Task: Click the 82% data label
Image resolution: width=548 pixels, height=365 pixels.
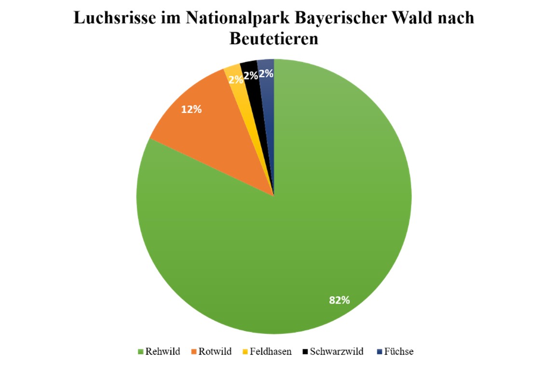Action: coord(339,300)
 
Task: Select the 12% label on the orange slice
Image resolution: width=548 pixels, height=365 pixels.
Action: coord(191,109)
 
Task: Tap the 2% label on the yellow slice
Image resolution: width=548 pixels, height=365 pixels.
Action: coord(236,80)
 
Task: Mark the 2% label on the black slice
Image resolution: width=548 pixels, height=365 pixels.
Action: coord(250,75)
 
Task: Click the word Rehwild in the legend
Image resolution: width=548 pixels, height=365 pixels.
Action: coord(163,351)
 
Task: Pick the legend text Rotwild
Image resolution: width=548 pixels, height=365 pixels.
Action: coord(215,351)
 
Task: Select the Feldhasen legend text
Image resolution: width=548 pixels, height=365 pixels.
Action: coord(271,351)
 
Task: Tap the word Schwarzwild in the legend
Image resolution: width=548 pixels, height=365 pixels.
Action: coord(337,351)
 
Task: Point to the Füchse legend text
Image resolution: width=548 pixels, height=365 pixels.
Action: coord(399,351)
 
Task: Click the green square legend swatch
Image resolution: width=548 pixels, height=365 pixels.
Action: coord(141,352)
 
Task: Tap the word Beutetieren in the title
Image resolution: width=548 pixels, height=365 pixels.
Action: coord(274,39)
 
